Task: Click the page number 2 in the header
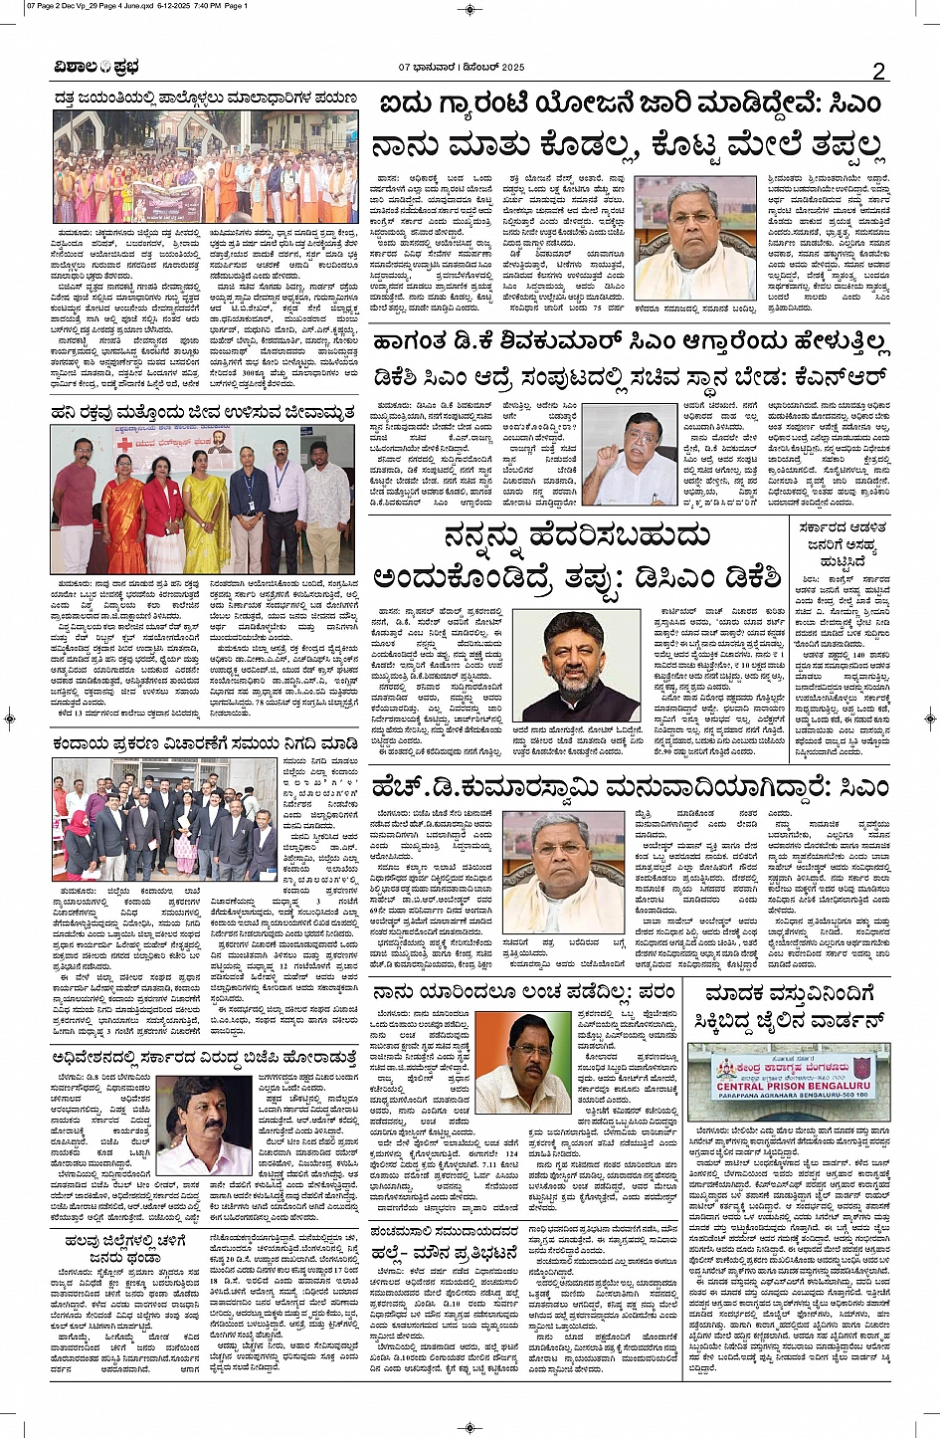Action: [x=878, y=70]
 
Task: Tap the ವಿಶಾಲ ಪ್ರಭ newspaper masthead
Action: [x=97, y=68]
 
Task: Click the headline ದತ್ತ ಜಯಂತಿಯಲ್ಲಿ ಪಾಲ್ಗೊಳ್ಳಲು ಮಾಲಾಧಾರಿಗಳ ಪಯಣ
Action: [x=206, y=99]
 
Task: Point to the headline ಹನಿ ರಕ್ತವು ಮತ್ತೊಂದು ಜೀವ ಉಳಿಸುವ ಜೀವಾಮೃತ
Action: [x=206, y=412]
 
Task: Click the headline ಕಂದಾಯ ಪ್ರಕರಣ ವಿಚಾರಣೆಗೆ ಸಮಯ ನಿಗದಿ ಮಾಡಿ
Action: [x=206, y=743]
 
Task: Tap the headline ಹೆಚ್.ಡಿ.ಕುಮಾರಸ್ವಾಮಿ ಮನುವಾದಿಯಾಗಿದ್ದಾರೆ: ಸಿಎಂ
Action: [x=630, y=786]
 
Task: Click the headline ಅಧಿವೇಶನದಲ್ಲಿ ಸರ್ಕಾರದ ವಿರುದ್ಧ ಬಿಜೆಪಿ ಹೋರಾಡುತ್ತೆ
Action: [x=206, y=1059]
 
